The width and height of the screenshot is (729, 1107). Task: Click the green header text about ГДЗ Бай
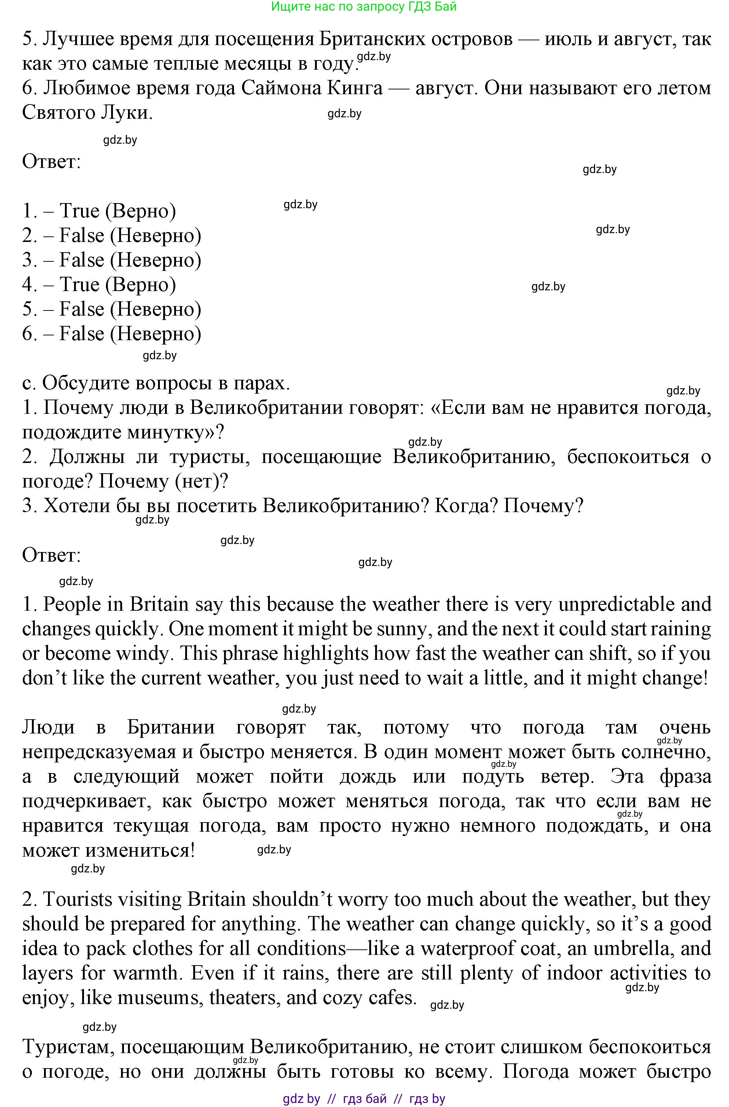click(x=364, y=7)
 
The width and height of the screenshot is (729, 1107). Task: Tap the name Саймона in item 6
click(x=284, y=88)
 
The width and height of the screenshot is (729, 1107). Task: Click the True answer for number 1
click(x=80, y=211)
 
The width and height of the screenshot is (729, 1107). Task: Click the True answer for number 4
click(x=80, y=285)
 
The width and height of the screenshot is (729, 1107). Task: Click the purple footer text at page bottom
click(x=364, y=1099)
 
